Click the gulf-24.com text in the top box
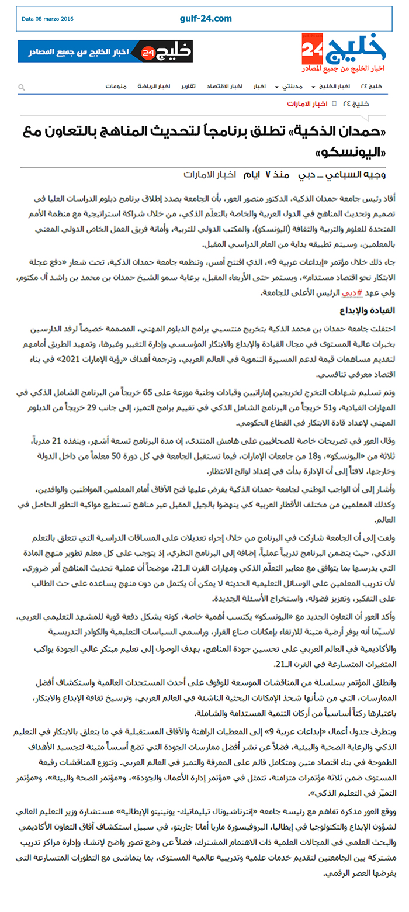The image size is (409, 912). pyautogui.click(x=206, y=19)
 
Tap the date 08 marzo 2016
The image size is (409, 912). pyautogui.click(x=48, y=19)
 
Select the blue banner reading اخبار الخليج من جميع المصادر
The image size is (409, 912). pyautogui.click(x=105, y=51)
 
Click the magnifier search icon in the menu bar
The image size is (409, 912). pyautogui.click(x=22, y=87)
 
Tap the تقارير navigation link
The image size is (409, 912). pyautogui.click(x=192, y=87)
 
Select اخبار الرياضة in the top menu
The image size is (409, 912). pyautogui.click(x=154, y=87)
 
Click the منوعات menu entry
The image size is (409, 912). pyautogui.click(x=116, y=87)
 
